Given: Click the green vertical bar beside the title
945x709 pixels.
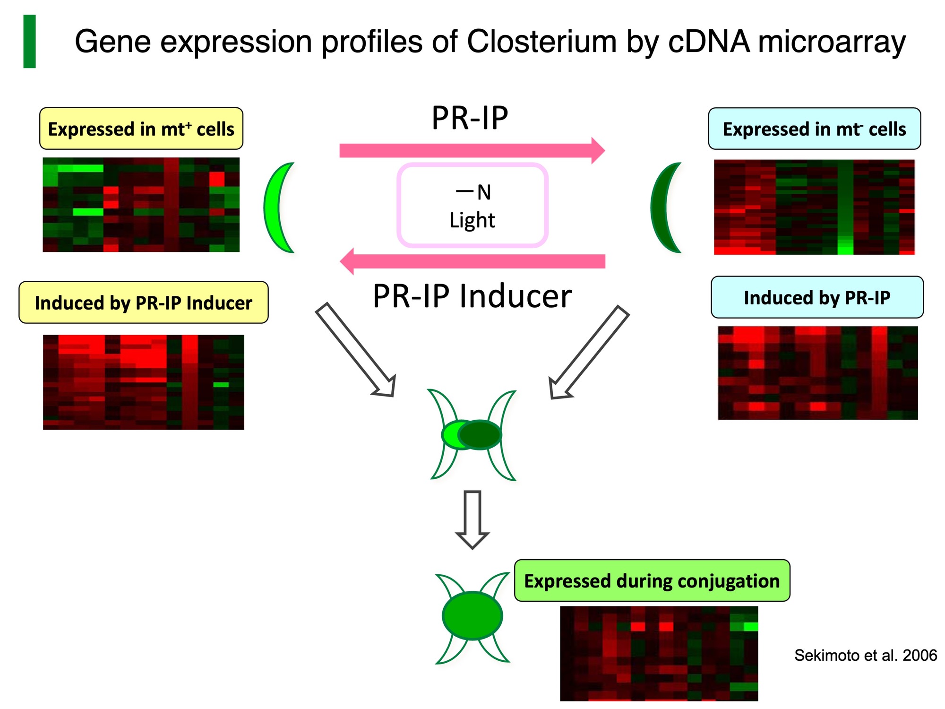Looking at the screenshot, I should [29, 42].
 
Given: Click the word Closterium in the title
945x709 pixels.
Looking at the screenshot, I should [541, 42].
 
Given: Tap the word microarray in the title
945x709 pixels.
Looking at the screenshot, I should [832, 42].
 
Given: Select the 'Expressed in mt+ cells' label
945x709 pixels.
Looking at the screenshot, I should [141, 129].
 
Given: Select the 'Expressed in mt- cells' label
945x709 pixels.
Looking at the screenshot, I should [814, 129].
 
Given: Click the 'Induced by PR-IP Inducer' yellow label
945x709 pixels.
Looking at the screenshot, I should [143, 303].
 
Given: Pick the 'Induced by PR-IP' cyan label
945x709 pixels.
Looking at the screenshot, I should [817, 297].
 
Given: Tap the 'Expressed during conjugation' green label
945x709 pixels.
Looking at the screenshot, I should [652, 580].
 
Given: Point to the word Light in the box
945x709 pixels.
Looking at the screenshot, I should [472, 220].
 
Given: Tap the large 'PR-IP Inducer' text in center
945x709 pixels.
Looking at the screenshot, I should [472, 296].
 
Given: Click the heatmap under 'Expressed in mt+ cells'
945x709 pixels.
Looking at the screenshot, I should [141, 205].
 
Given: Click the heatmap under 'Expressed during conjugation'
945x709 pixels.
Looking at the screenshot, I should [659, 653].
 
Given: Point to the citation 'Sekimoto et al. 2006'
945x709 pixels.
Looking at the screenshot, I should [865, 655].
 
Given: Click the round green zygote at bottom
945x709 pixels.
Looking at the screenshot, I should [472, 615].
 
